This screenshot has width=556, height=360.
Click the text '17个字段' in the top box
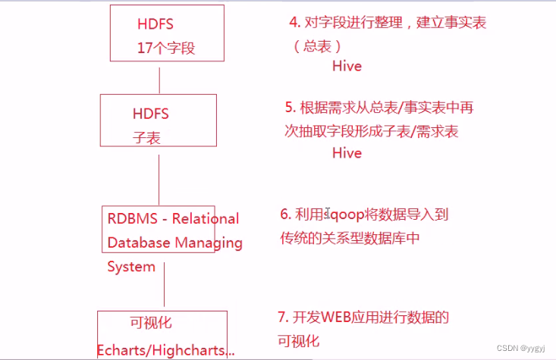[166, 48]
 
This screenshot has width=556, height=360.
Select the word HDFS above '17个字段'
[156, 23]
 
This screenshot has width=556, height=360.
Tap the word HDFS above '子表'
[150, 114]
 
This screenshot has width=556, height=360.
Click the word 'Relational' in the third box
[206, 219]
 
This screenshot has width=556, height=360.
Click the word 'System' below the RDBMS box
[131, 267]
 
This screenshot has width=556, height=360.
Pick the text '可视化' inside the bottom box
[152, 323]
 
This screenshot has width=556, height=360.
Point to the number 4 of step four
[282, 23]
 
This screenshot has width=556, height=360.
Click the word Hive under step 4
[347, 66]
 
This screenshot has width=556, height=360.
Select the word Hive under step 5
[347, 152]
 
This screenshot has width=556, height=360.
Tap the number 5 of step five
[289, 108]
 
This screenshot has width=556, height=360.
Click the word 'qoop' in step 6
[347, 215]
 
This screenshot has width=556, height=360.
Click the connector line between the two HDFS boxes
[159, 78]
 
